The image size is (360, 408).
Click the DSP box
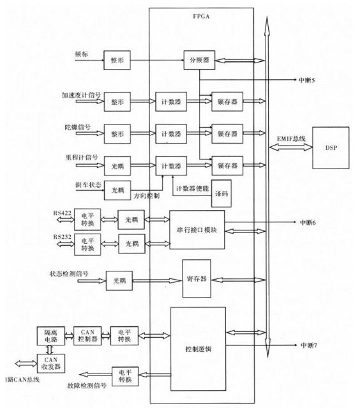coord(331,147)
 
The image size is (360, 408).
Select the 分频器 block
coord(199,60)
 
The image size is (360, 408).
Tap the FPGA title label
coord(201,17)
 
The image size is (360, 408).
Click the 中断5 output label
coord(306,80)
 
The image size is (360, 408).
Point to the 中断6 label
coord(308,222)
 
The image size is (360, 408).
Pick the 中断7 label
coord(309,345)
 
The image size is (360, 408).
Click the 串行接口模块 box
coord(197,230)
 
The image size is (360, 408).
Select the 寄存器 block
coord(197,278)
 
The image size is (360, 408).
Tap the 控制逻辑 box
coord(199,349)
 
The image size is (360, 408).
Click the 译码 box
coord(221,193)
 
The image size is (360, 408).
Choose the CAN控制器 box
coord(87,336)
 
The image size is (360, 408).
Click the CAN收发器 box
coord(50,363)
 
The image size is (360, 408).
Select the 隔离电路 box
coord(50,336)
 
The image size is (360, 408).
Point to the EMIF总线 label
coord(291,139)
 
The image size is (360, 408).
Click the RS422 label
coord(62,213)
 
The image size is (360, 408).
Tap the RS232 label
coord(62,237)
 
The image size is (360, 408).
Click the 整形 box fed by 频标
coord(117,60)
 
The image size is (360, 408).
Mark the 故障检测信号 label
coord(87,386)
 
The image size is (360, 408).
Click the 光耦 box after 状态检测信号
coord(119,280)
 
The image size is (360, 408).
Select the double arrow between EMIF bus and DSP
coord(290,147)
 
